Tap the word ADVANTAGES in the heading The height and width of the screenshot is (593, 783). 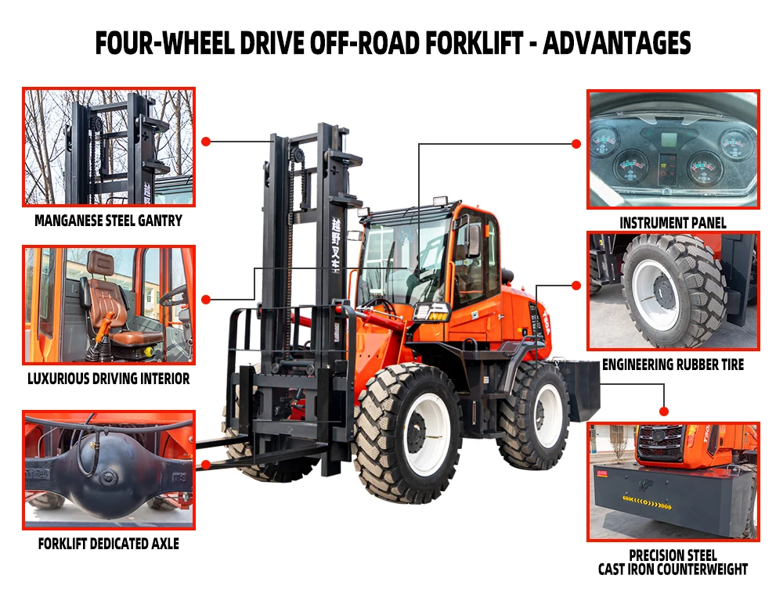tap(616, 43)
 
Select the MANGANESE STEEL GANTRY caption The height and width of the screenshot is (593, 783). tap(108, 221)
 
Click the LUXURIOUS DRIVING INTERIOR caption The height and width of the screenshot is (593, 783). tap(108, 379)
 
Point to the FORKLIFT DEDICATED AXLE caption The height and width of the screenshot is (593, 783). tap(108, 543)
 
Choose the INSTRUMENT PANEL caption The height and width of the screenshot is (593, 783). tap(673, 223)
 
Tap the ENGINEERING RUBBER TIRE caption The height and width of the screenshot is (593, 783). tap(673, 365)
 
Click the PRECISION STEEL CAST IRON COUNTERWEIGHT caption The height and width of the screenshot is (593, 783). tap(673, 562)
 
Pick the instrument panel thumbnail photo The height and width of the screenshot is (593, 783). tap(673, 149)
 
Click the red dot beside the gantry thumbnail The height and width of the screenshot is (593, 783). tap(206, 142)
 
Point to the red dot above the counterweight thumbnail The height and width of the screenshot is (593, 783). tap(664, 411)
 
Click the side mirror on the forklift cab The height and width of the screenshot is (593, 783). tap(474, 240)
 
